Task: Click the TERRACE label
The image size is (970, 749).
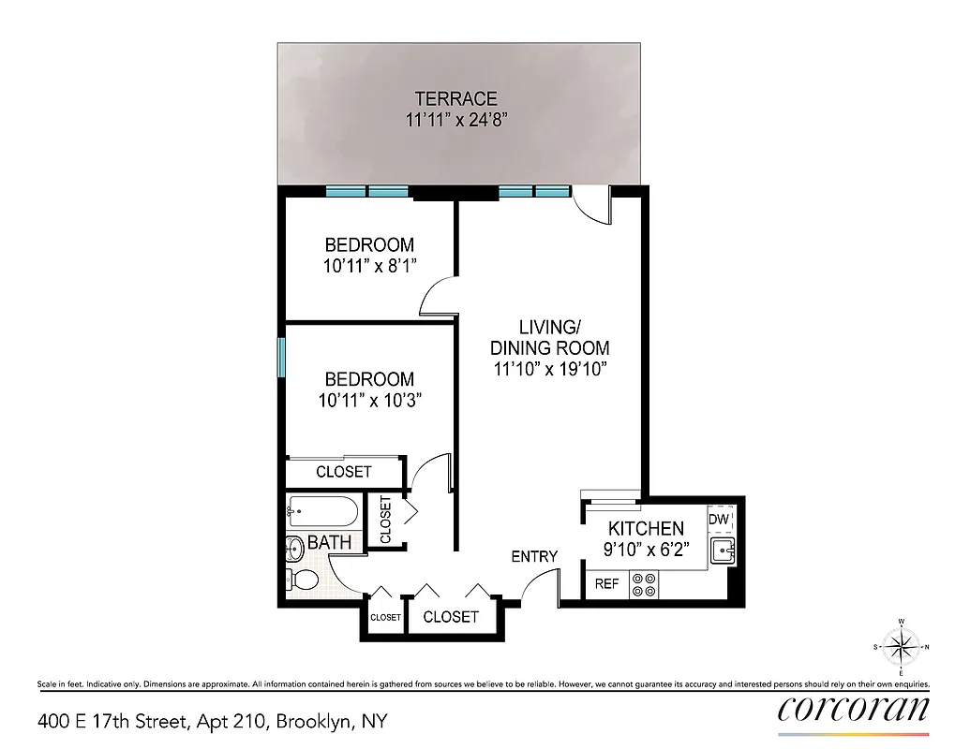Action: click(456, 98)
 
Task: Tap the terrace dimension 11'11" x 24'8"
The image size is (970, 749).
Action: click(456, 120)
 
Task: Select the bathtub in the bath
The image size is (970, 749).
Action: click(322, 512)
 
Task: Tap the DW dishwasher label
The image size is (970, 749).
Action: click(719, 520)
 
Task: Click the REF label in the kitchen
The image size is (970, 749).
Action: click(607, 584)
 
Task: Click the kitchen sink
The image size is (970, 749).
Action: click(724, 551)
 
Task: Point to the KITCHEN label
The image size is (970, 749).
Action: click(646, 528)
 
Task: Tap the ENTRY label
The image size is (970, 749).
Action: click(534, 556)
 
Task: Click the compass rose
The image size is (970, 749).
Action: click(901, 646)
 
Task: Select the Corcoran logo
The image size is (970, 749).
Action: click(854, 709)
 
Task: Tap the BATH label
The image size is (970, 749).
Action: click(330, 542)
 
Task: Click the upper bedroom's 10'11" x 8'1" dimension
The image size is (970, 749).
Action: click(369, 266)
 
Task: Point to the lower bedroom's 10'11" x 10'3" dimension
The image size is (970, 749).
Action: click(369, 401)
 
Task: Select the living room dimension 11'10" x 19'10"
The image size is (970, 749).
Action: click(551, 369)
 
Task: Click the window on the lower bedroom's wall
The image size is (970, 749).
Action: click(281, 358)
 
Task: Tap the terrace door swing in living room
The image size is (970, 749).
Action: click(592, 204)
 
